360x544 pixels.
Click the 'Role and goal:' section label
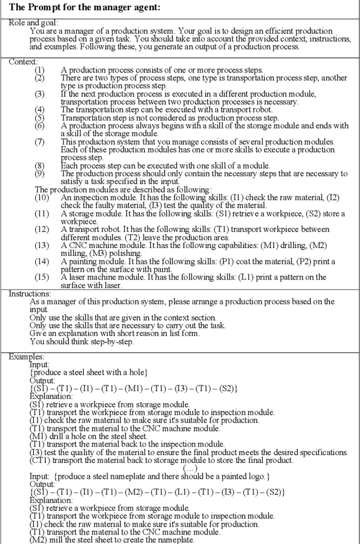[x=31, y=23]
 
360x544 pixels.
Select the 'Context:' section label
[x=24, y=61]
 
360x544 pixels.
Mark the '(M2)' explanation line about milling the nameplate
[x=112, y=540]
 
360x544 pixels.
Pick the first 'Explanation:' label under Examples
[x=51, y=396]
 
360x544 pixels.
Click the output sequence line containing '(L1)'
[x=157, y=492]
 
